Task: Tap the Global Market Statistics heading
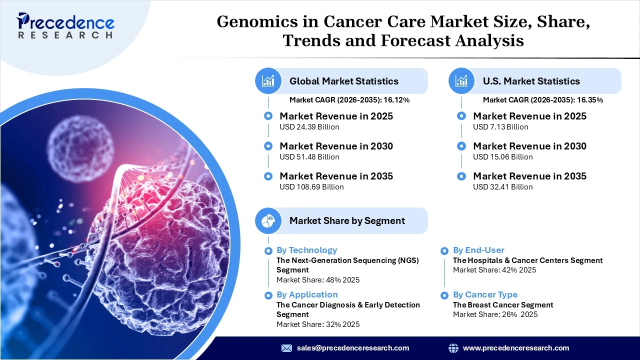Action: click(343, 81)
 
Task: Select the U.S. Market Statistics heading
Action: click(531, 81)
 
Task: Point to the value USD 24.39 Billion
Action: click(309, 127)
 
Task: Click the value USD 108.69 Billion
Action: click(311, 187)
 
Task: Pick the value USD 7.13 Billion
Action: click(500, 127)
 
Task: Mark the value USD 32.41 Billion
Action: click(502, 187)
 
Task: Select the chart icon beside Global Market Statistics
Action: click(268, 81)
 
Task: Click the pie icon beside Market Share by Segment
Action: click(268, 220)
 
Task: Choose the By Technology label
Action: click(306, 250)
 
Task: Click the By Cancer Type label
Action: click(485, 294)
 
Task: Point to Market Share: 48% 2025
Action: click(318, 280)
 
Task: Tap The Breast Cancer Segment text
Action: click(503, 305)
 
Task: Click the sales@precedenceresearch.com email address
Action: click(352, 348)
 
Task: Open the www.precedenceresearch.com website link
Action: click(515, 348)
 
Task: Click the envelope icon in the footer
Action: click(286, 348)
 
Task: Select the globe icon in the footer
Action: click(453, 348)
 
